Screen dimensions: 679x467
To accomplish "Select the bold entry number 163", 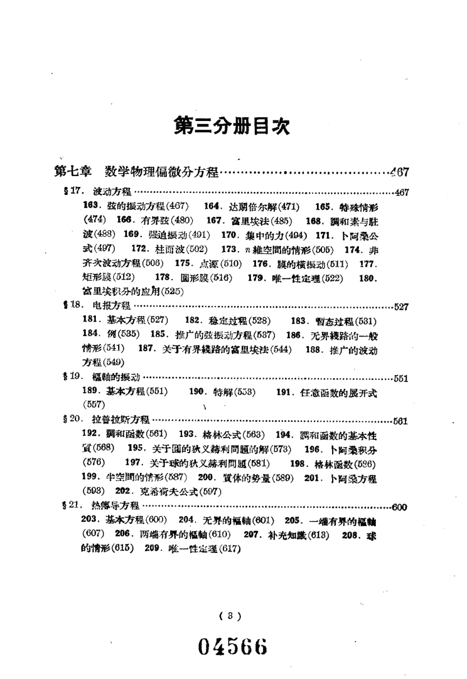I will pos(91,206).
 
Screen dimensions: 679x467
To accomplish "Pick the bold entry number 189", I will pos(90,390).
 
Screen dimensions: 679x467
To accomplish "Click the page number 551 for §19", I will pos(401,378).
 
